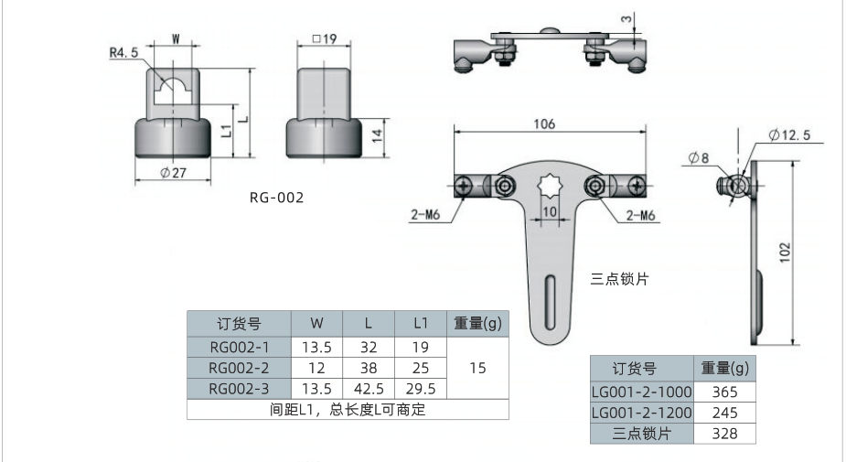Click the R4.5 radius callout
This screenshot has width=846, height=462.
pyautogui.click(x=123, y=53)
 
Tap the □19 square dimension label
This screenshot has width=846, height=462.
pyautogui.click(x=325, y=39)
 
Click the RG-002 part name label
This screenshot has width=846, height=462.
pyautogui.click(x=276, y=197)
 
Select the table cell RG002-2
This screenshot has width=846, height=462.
pyautogui.click(x=239, y=368)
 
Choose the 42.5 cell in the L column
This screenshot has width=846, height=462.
pyautogui.click(x=368, y=388)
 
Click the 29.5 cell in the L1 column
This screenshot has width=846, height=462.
pyautogui.click(x=421, y=388)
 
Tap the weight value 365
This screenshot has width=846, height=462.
pyautogui.click(x=724, y=391)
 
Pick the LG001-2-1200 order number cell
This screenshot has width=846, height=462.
pyautogui.click(x=641, y=413)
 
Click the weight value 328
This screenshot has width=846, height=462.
pyautogui.click(x=724, y=434)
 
